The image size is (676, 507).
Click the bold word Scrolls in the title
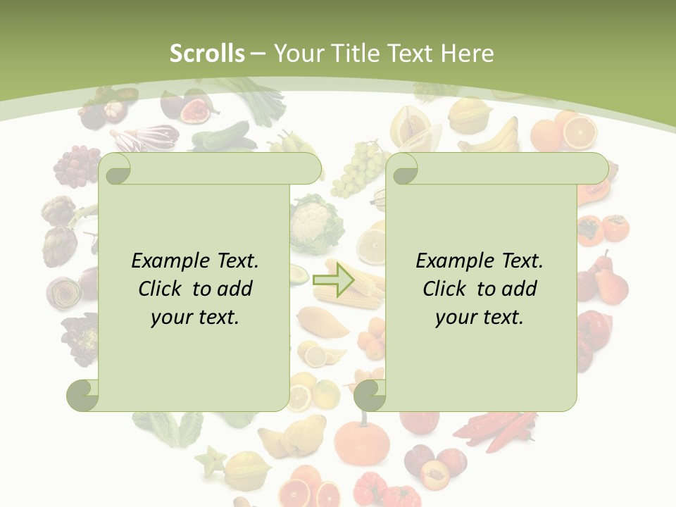tap(207, 54)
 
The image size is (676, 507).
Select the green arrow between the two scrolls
tap(334, 280)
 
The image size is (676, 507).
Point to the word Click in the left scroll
tap(162, 289)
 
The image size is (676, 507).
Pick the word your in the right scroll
tap(456, 317)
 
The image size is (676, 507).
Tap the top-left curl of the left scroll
tap(115, 169)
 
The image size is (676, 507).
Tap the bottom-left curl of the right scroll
tap(369, 395)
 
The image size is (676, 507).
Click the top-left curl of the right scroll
tap(403, 169)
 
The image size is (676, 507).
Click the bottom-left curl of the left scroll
tap(82, 395)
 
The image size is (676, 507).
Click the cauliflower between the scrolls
tap(315, 224)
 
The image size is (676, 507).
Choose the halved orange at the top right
tap(579, 131)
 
